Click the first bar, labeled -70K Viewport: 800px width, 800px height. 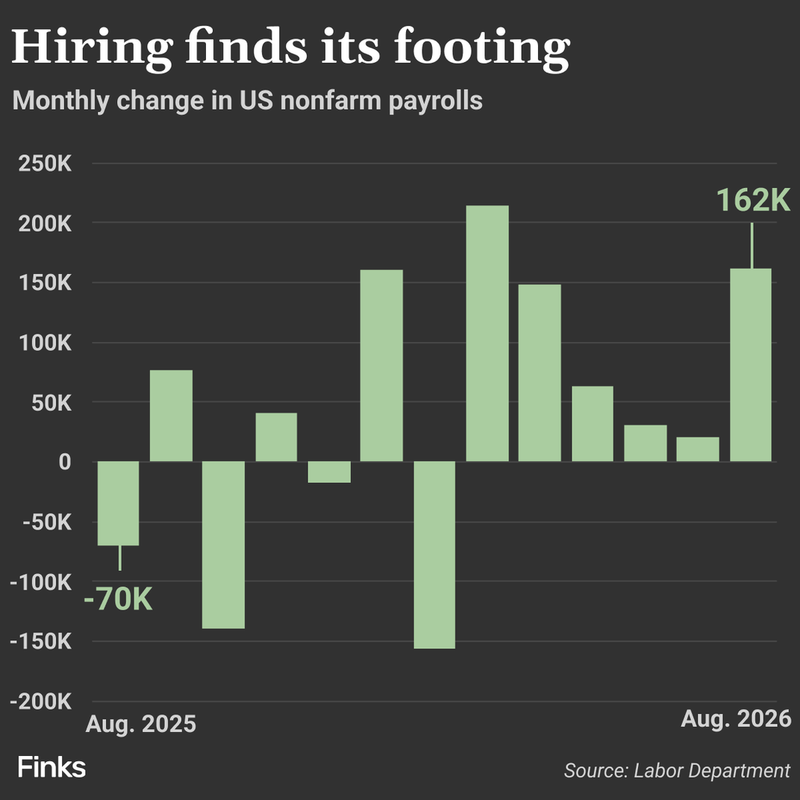(119, 503)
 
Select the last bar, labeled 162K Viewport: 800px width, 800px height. (751, 365)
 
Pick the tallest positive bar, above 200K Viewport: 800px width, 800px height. (487, 333)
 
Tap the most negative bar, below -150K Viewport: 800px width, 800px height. (434, 554)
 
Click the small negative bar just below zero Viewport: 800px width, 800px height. (329, 472)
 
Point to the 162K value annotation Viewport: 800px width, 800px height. (753, 199)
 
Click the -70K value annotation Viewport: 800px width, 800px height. (119, 599)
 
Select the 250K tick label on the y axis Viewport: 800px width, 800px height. (45, 163)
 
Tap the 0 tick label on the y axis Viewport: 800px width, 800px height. (65, 462)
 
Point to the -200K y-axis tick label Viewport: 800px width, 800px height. (41, 701)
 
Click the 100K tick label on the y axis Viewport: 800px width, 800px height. (45, 343)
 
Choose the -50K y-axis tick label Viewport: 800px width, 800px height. (47, 522)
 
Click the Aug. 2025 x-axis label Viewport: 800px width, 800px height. (141, 724)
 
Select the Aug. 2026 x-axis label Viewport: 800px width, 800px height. (737, 719)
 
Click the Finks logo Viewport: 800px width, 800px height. (51, 767)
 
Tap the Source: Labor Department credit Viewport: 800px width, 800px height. (677, 770)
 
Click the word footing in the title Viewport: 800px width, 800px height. (481, 48)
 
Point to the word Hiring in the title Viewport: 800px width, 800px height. (92, 48)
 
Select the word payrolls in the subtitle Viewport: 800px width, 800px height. (435, 101)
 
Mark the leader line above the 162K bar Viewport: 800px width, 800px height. (751, 246)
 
